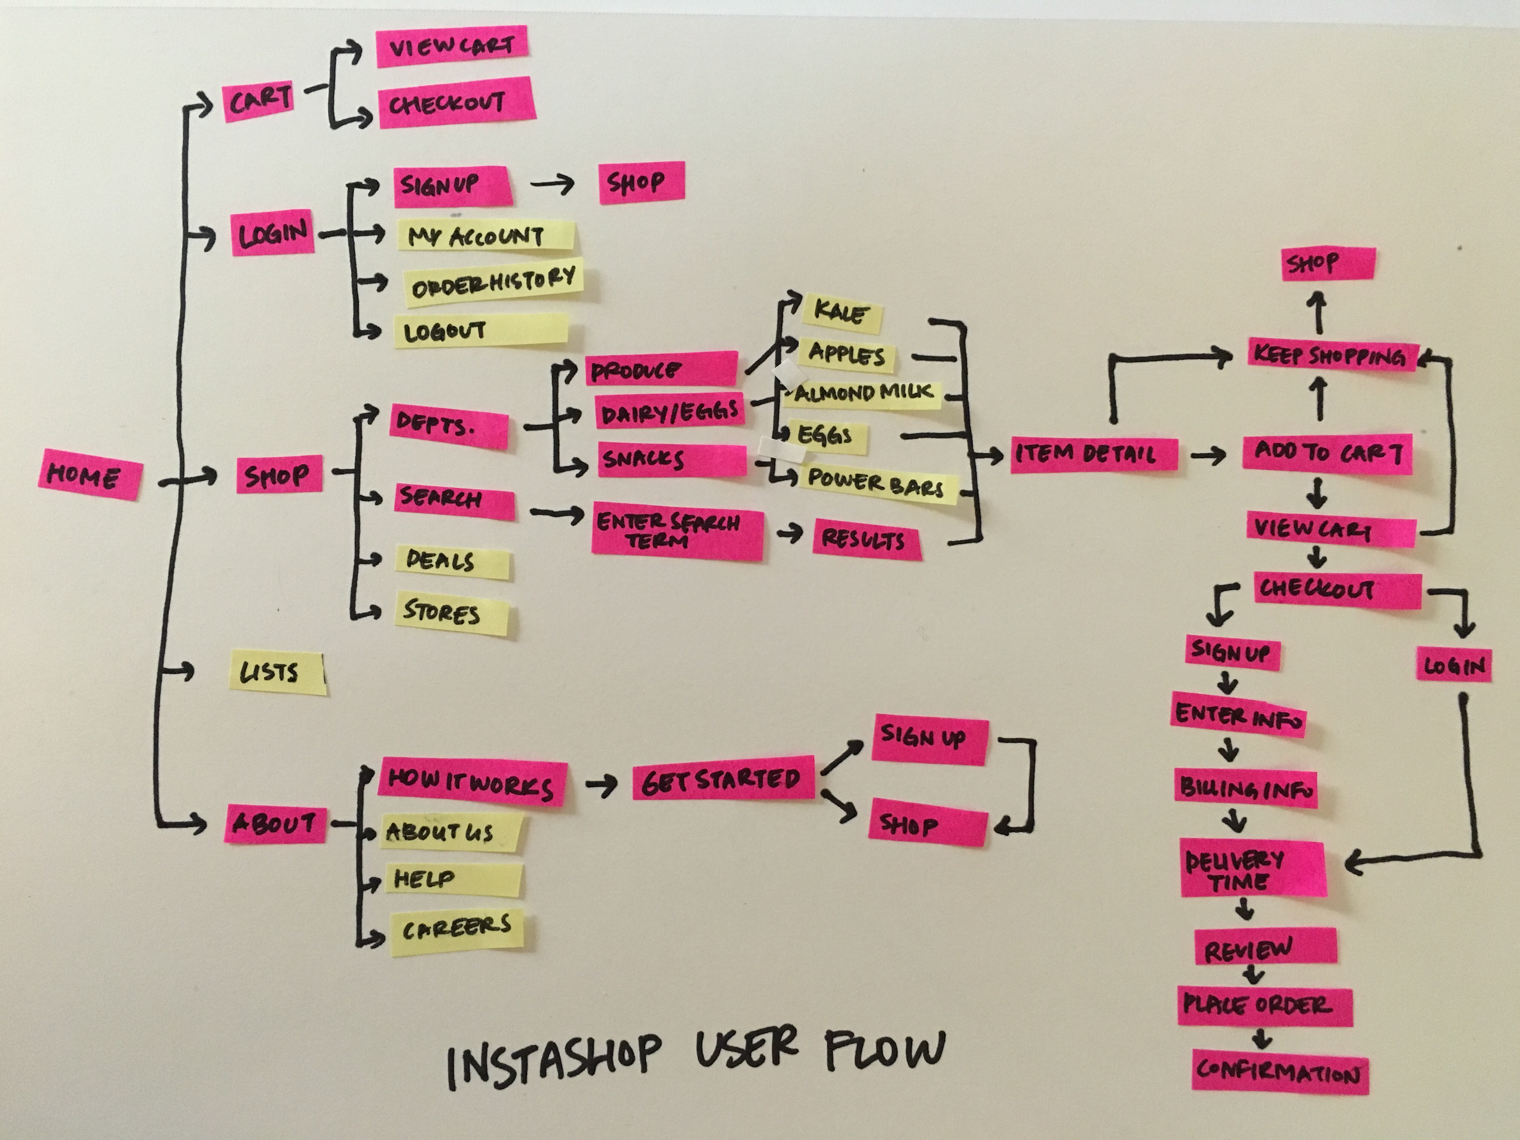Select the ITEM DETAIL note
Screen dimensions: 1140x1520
(1092, 454)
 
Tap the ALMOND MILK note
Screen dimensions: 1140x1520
(866, 393)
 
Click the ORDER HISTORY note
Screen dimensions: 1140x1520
(491, 282)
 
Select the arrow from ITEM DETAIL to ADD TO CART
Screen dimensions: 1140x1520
(1209, 454)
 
